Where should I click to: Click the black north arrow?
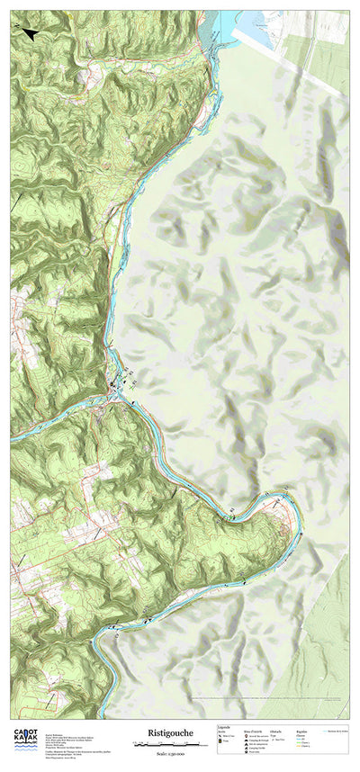(27, 33)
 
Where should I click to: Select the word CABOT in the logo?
(25, 733)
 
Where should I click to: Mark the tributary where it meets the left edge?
(13, 440)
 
